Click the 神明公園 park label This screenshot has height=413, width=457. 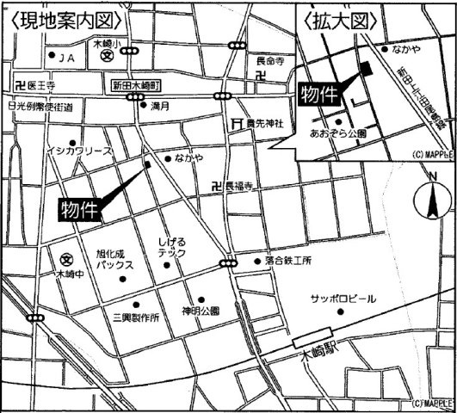(200, 311)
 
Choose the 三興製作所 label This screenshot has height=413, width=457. (129, 317)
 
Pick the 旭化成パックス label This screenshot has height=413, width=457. (114, 260)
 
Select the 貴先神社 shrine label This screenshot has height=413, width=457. (263, 124)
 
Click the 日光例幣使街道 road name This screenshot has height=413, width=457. (39, 107)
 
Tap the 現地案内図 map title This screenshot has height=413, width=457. (62, 17)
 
